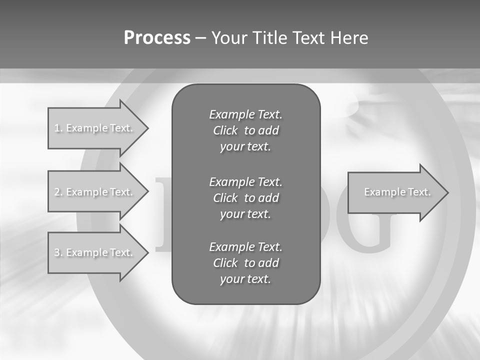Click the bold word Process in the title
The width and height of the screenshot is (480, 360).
point(157,38)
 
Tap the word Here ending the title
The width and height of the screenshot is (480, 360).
point(348,38)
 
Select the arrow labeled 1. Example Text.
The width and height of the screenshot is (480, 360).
point(95,128)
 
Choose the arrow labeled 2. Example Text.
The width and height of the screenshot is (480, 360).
point(95,192)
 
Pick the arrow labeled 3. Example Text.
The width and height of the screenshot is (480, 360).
point(95,252)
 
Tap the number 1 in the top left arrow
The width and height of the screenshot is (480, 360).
point(57,128)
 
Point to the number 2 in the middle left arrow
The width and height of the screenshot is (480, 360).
point(57,192)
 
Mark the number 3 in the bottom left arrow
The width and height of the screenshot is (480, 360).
point(57,252)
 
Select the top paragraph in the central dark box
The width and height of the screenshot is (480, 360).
point(245,130)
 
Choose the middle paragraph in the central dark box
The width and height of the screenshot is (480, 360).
point(245,197)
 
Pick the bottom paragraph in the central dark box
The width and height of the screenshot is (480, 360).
point(245,263)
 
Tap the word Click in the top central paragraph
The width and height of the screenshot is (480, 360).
point(225,130)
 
